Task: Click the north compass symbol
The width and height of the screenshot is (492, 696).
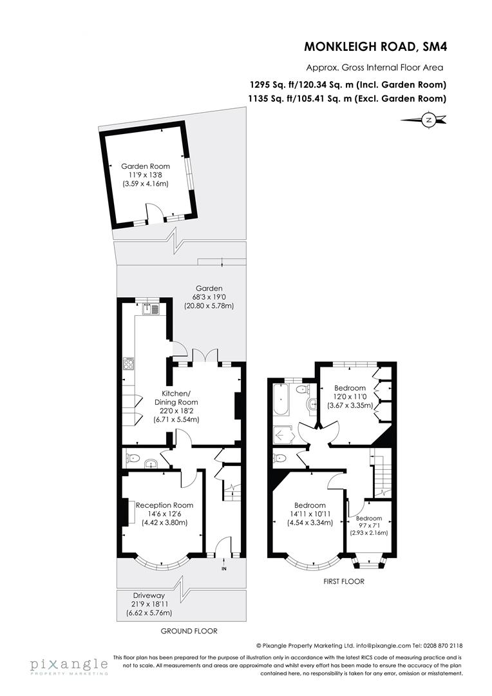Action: pyautogui.click(x=428, y=119)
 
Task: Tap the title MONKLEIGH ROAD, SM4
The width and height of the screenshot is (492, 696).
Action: pyautogui.click(x=375, y=46)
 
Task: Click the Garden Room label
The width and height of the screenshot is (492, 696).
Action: pyautogui.click(x=146, y=166)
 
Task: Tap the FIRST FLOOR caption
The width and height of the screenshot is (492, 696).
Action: pyautogui.click(x=344, y=581)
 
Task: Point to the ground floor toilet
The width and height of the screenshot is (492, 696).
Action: pyautogui.click(x=133, y=459)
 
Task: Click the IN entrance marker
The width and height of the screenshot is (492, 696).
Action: pyautogui.click(x=223, y=569)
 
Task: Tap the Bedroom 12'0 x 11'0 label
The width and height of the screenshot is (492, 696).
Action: pyautogui.click(x=350, y=388)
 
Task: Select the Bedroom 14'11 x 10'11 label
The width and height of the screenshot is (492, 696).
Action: pyautogui.click(x=309, y=505)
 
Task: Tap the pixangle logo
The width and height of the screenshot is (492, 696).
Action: pyautogui.click(x=68, y=666)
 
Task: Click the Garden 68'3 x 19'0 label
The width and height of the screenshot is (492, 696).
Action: pyautogui.click(x=209, y=288)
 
